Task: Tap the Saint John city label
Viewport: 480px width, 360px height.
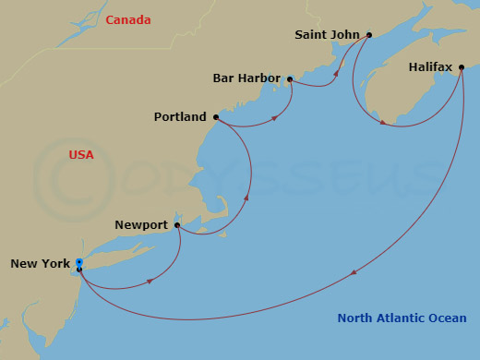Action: tap(328, 35)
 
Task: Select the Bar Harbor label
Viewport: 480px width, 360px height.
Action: tap(246, 78)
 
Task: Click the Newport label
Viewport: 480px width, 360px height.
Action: tap(141, 224)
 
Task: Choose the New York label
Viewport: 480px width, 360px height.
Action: tap(40, 264)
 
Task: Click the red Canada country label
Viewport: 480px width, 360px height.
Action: tap(128, 19)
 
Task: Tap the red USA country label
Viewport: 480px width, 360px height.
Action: tap(81, 154)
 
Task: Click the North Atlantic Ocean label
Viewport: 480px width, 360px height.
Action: tap(402, 318)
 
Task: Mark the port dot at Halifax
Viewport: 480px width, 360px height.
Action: tap(462, 67)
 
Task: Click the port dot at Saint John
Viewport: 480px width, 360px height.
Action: tap(369, 35)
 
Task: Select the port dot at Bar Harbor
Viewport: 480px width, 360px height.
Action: tap(291, 79)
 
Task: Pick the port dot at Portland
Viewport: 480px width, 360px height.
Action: tap(216, 117)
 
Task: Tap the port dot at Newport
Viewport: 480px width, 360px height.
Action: tap(177, 224)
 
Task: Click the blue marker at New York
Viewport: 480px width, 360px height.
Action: tap(79, 263)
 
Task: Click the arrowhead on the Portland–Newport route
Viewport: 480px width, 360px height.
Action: tap(246, 196)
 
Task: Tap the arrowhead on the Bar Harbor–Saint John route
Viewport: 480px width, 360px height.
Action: tap(336, 71)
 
